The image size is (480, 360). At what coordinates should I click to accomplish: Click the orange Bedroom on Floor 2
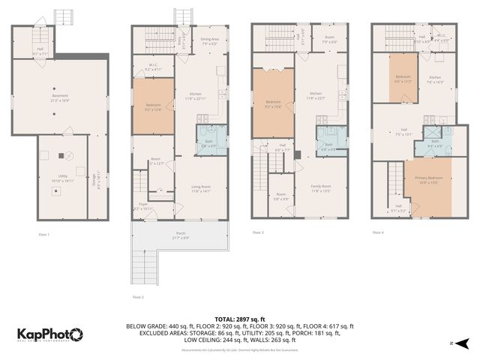click(x=153, y=107)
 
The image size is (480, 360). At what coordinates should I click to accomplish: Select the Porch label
click(x=180, y=235)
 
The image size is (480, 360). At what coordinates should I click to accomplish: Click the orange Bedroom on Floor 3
click(x=272, y=103)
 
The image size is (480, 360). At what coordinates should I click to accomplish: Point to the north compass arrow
click(x=464, y=343)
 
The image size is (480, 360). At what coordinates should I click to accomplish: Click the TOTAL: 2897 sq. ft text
click(x=240, y=319)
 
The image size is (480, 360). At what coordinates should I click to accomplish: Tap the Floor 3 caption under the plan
click(x=258, y=232)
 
